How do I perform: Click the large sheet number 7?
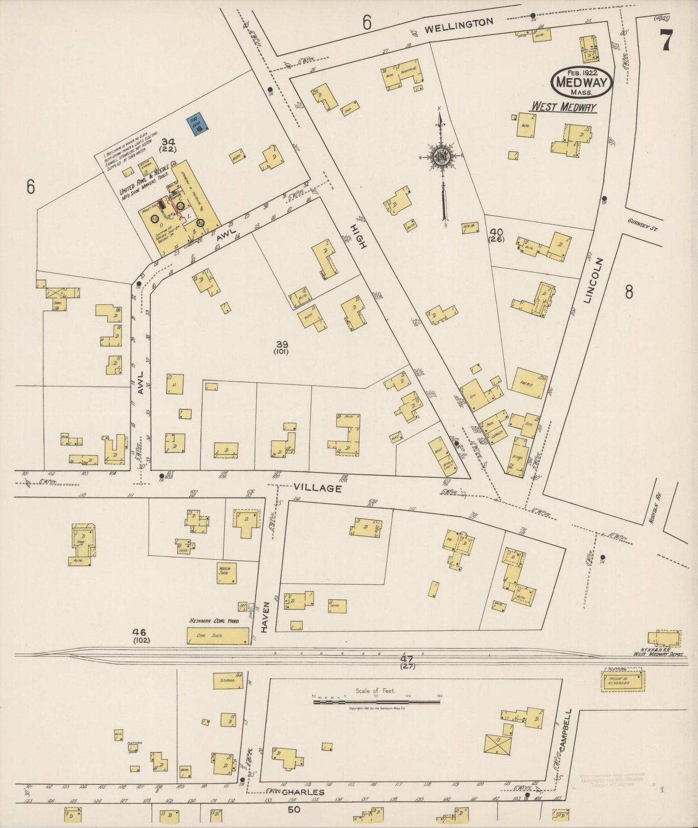point(666,40)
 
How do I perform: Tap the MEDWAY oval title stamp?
point(582,82)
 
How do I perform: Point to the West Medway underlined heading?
point(564,107)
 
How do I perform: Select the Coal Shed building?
point(218,636)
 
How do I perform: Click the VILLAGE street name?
point(317,488)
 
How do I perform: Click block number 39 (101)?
point(282,347)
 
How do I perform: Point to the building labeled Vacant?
point(530,384)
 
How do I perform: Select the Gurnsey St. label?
point(643,224)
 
